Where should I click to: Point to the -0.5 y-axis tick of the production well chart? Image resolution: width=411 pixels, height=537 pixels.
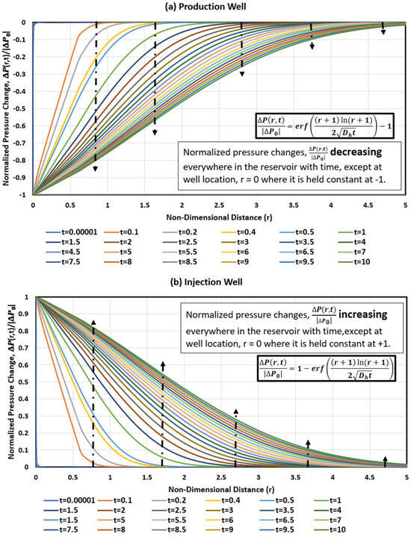click(x=22, y=109)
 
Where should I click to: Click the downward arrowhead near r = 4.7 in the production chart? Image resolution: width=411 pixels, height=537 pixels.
click(x=383, y=31)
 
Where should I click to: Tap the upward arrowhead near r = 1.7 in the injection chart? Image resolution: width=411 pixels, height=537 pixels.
click(x=162, y=364)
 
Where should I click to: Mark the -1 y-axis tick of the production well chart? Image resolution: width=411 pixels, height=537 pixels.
click(x=25, y=195)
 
